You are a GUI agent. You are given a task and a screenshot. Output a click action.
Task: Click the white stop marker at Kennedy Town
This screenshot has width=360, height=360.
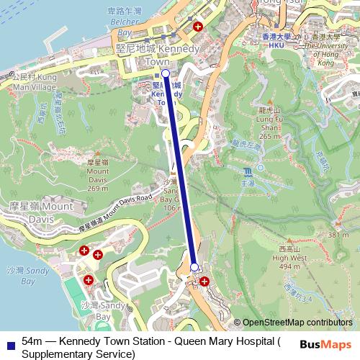[x=166, y=73]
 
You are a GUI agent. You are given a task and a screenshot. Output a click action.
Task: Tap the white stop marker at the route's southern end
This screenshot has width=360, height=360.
[x=194, y=267]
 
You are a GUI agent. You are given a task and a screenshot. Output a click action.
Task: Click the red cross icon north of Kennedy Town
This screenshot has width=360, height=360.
[x=197, y=26]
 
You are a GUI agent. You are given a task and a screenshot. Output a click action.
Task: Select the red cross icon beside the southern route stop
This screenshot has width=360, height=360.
[x=206, y=281]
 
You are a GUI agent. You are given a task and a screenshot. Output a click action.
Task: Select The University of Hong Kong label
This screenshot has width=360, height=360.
[x=330, y=49]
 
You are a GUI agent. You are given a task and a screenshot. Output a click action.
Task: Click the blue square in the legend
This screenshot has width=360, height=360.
[x=10, y=341]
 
